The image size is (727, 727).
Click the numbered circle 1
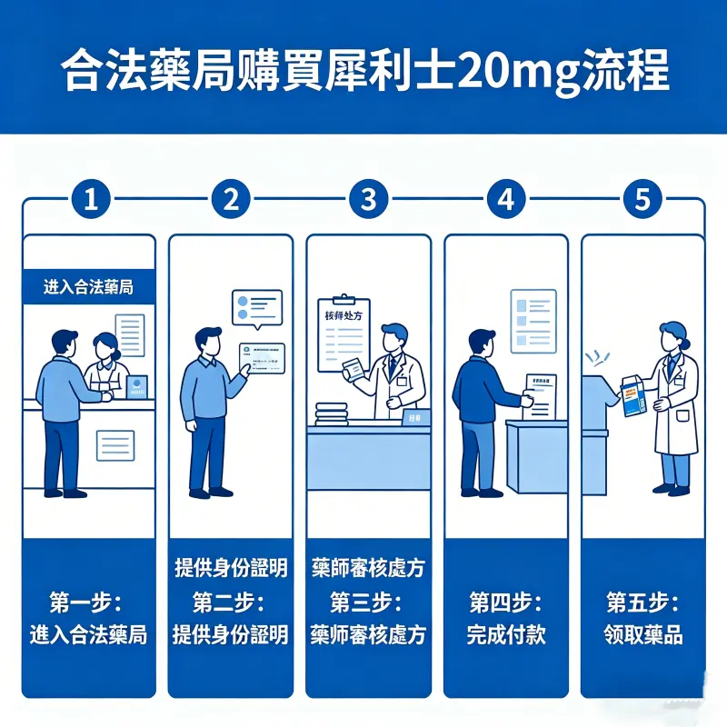tap(90, 200)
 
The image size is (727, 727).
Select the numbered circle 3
tap(368, 200)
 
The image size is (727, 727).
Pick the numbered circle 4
tap(506, 200)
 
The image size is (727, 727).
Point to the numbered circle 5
tap(642, 200)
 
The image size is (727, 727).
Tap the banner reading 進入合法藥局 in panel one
tap(88, 287)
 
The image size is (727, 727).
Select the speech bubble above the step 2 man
tap(257, 307)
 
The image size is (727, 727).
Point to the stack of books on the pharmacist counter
tap(332, 414)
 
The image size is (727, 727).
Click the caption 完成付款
tap(506, 634)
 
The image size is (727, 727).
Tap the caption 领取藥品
tap(642, 634)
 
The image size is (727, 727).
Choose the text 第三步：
tap(367, 602)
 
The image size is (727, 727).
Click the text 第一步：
tap(88, 602)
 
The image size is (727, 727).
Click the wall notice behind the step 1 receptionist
tap(129, 334)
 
